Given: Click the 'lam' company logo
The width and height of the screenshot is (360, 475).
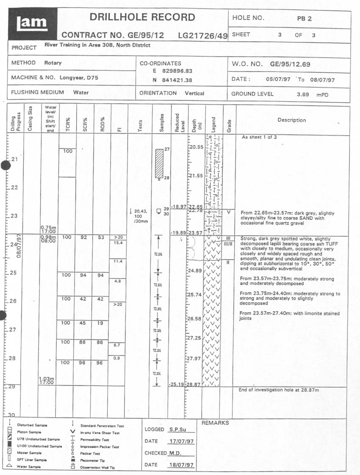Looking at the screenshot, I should [32, 24].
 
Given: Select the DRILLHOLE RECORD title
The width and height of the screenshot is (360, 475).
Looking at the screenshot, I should [142, 17].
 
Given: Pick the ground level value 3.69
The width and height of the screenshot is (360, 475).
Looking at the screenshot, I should [303, 94].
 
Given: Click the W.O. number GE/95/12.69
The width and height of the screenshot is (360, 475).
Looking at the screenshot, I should [290, 64].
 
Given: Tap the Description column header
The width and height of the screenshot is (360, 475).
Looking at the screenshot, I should [291, 120].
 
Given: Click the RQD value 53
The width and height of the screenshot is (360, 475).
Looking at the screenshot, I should [101, 237].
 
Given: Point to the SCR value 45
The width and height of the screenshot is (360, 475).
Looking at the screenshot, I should [83, 323].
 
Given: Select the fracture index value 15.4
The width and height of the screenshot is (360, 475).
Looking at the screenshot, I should [118, 243].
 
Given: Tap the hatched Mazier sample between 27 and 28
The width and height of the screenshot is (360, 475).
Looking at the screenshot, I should [159, 163].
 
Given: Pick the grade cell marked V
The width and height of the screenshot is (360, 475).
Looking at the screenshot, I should [228, 212].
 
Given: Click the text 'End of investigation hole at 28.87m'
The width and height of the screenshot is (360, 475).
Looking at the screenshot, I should [278, 389].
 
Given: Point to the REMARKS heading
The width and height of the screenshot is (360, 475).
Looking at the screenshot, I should [215, 423].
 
